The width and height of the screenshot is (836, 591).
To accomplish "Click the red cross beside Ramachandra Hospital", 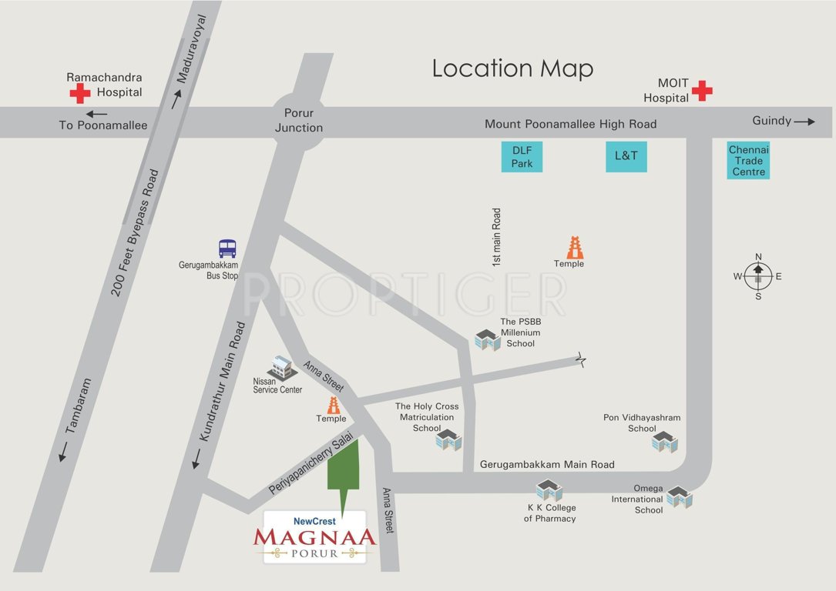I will point(79,94).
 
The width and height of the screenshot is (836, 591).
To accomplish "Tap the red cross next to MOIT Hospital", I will point(701,91).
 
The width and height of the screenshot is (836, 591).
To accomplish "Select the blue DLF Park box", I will point(522,155).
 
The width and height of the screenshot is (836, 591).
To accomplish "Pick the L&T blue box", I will point(626,155).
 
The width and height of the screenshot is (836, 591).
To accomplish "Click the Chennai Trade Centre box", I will point(748,161).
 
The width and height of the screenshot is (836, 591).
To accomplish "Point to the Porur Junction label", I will point(299,121).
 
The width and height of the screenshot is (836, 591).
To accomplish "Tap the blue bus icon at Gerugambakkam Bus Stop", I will point(227,249).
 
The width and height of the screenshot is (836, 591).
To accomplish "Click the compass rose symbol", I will point(758,275).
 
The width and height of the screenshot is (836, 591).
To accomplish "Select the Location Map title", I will point(512,68).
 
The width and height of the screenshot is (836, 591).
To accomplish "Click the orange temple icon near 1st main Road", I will point(575,248).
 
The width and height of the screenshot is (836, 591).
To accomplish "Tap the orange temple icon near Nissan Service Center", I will point(334,406).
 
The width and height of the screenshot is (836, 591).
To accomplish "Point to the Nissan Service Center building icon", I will point(282,367).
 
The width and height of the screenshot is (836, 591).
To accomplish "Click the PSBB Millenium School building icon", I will point(488,339).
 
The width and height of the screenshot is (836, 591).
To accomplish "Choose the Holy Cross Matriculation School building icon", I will point(448,440).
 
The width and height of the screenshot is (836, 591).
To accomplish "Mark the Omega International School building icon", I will point(679,497).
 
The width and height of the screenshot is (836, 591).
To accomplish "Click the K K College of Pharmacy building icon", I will point(549,490).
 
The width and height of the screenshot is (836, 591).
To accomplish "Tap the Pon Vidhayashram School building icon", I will point(664,442).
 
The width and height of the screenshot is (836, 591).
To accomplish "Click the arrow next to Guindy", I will point(804,122).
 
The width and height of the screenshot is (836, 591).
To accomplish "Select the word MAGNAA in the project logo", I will point(314,536).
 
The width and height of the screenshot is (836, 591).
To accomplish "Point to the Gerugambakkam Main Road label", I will point(547,465).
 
